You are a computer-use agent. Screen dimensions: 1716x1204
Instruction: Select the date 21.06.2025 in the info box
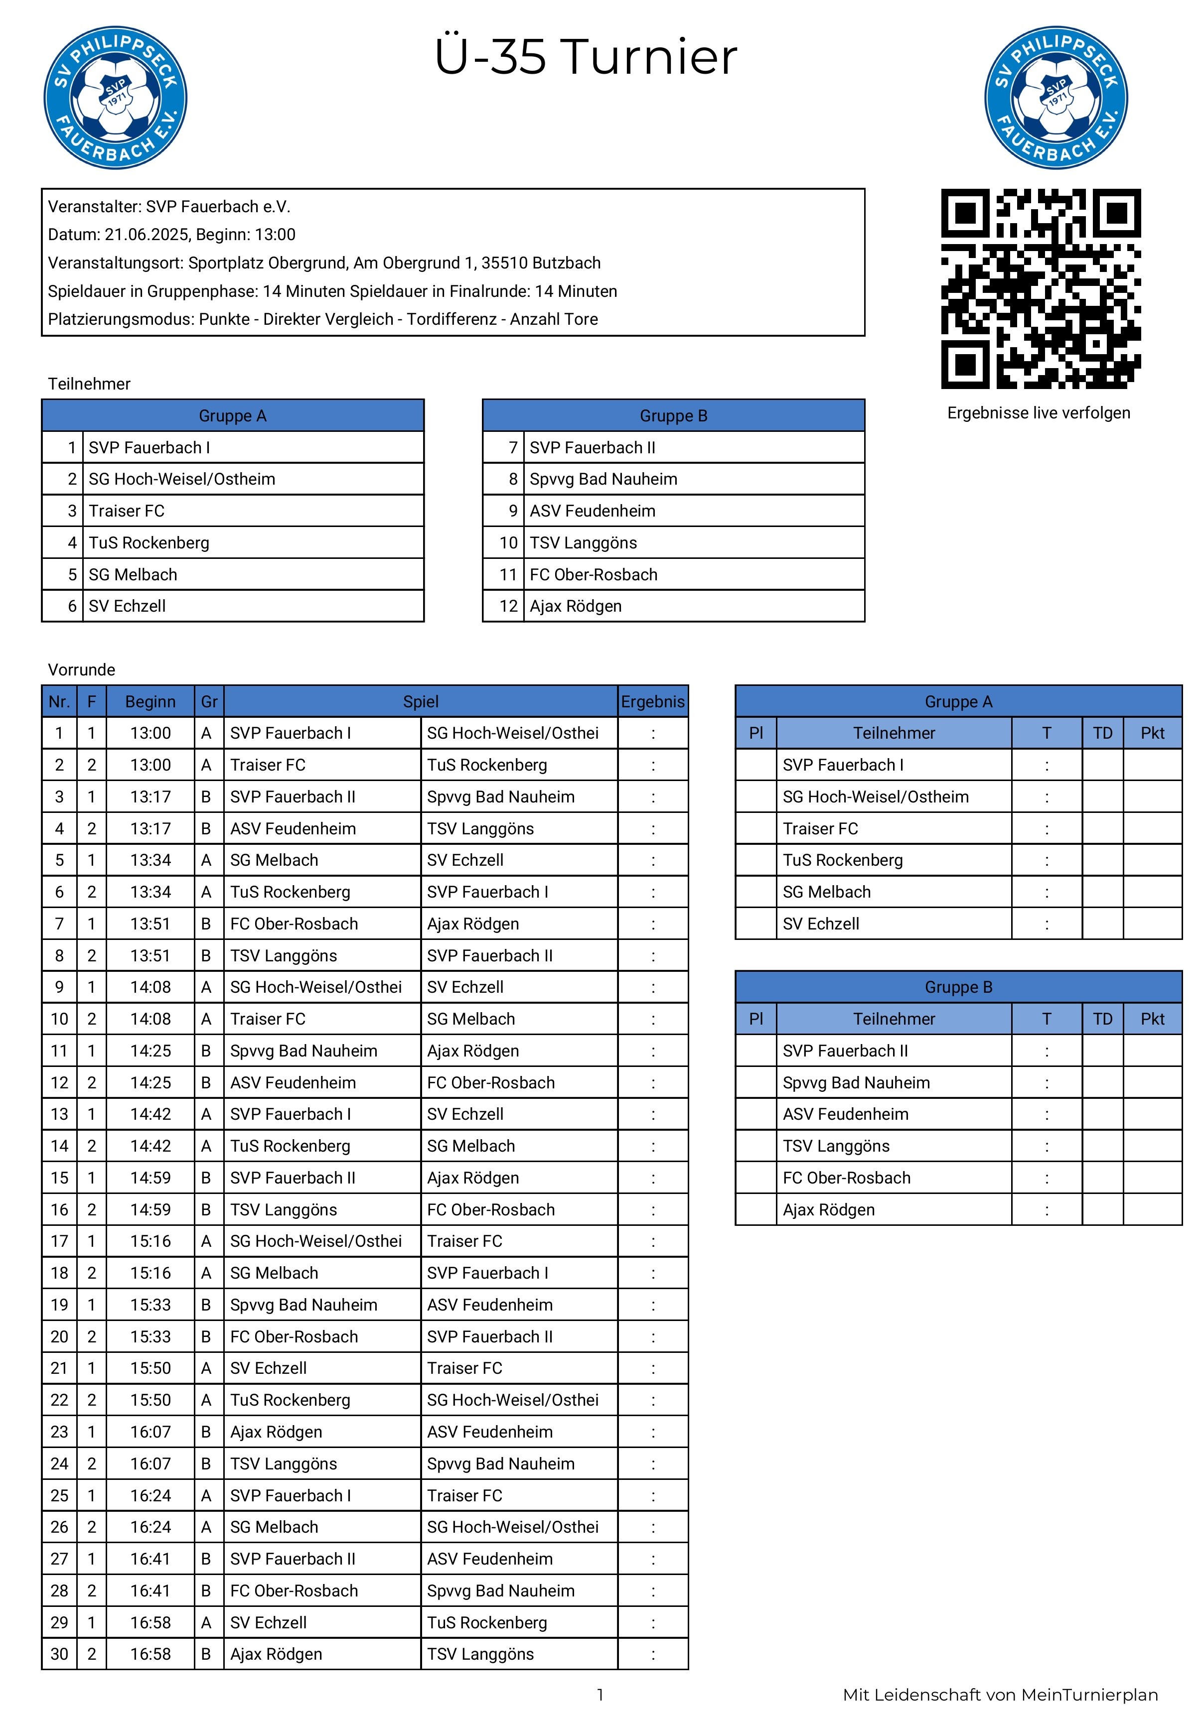click(x=146, y=235)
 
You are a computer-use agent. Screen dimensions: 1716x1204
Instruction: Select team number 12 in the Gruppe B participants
click(x=508, y=606)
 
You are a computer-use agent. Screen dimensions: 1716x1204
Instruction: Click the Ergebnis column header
click(x=652, y=702)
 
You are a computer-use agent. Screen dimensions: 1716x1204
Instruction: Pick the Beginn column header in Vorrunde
click(x=150, y=702)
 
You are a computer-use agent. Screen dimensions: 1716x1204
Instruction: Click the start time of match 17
click(x=150, y=1241)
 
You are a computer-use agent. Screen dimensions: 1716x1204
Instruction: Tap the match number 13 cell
click(x=59, y=1114)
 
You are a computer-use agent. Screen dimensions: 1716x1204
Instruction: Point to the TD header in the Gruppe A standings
click(x=1102, y=733)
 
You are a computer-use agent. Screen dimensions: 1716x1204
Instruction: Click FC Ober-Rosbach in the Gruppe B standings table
click(x=847, y=1178)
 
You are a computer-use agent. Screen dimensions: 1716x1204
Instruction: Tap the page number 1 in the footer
click(x=600, y=1695)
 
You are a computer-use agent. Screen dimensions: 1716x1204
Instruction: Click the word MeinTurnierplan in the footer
click(x=1089, y=1695)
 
